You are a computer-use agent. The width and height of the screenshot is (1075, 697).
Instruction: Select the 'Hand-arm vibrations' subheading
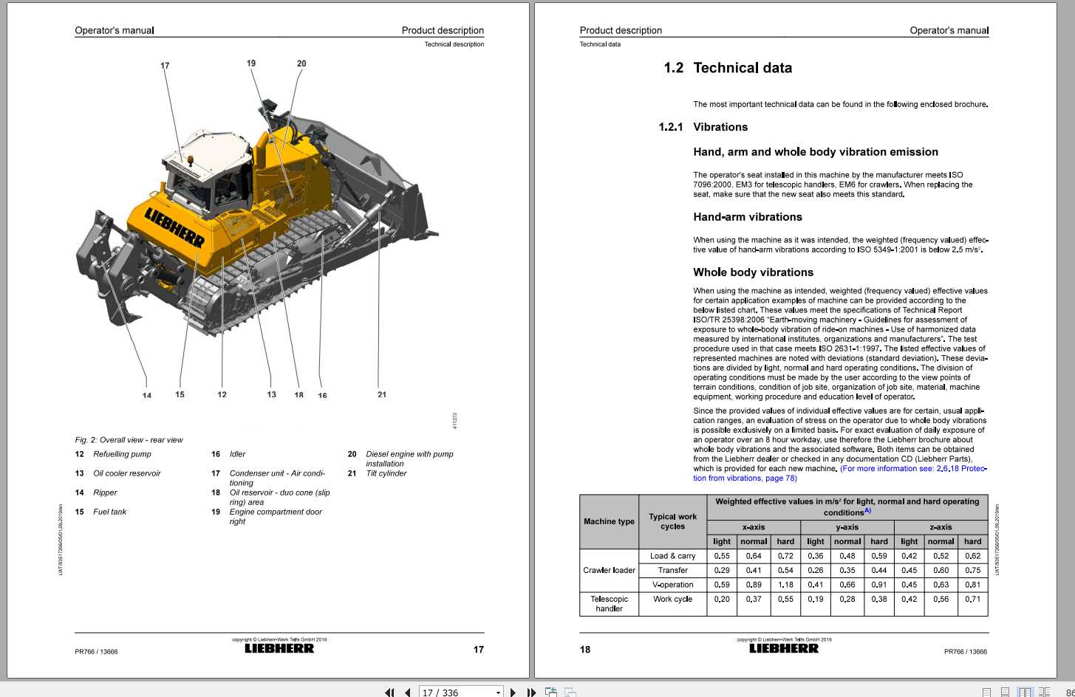click(747, 217)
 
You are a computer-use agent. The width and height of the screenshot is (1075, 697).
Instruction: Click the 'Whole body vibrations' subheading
click(753, 272)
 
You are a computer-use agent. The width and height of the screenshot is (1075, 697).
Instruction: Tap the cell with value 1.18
click(785, 585)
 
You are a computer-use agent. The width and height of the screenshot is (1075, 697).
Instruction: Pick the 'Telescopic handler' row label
click(609, 604)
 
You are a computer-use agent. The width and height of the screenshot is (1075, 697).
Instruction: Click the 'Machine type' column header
click(609, 521)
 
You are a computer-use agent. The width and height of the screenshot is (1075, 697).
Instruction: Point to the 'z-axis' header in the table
click(941, 527)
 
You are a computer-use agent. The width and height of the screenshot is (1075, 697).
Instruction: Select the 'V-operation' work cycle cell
click(672, 585)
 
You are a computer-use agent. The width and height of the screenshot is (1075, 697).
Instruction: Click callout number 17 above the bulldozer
click(165, 66)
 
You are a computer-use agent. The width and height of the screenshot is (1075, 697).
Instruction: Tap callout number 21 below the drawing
click(382, 394)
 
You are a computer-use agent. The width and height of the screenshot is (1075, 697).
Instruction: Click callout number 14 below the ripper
click(147, 396)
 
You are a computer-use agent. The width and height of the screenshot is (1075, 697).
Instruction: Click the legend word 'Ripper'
click(105, 492)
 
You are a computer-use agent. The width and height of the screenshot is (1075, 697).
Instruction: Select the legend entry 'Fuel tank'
click(109, 512)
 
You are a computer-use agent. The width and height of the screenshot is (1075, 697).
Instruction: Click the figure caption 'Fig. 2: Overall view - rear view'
click(129, 440)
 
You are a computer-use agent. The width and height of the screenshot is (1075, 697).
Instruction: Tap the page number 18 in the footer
click(585, 650)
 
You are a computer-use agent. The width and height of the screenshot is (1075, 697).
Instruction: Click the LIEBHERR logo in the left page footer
click(279, 648)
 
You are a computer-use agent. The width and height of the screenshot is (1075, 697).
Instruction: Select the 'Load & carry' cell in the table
click(672, 556)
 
